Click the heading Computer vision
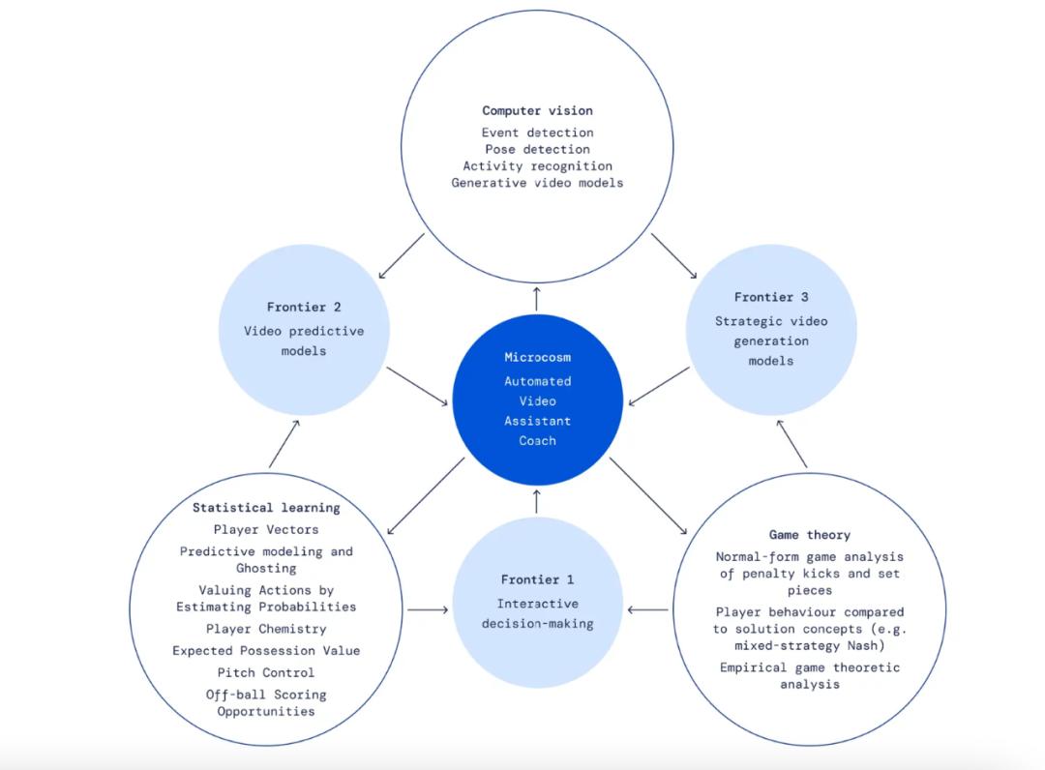pos(537,110)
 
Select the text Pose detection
pos(537,149)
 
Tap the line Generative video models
pos(537,183)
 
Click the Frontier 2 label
pos(303,307)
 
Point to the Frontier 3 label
pos(771,297)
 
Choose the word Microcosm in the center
pos(537,357)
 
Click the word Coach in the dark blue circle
pos(537,440)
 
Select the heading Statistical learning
pos(266,507)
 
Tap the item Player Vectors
pos(266,529)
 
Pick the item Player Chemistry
pos(266,629)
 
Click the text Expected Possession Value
pos(266,651)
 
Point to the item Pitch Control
pos(266,672)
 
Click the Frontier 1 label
pos(537,579)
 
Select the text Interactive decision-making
pos(537,613)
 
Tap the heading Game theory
pos(810,534)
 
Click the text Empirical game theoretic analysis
pos(810,675)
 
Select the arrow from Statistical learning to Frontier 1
pos(428,609)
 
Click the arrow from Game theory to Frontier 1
pos(647,609)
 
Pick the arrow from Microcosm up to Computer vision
pos(536,298)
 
